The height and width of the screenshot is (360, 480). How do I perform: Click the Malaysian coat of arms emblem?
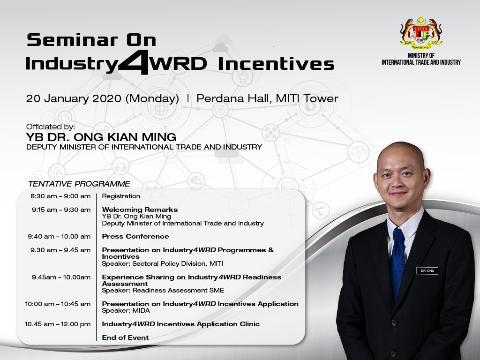click(x=421, y=33)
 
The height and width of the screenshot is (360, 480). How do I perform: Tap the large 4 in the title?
click(x=134, y=62)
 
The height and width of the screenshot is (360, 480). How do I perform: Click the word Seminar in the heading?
click(x=72, y=40)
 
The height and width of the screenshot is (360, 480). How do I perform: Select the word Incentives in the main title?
click(x=276, y=64)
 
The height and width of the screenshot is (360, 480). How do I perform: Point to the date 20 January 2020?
click(x=74, y=98)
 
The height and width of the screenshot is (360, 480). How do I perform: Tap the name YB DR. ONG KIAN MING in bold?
click(x=101, y=137)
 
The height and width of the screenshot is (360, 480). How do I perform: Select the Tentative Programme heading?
click(x=79, y=184)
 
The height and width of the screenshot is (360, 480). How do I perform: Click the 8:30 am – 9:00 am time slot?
click(x=60, y=196)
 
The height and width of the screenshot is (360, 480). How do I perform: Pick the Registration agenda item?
click(x=121, y=196)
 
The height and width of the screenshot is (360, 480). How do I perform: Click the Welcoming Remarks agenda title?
click(x=140, y=210)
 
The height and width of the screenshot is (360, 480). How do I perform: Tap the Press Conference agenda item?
click(x=135, y=236)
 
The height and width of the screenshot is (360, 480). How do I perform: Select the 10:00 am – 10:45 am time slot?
click(x=58, y=304)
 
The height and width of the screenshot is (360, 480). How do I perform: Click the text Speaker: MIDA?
click(x=126, y=311)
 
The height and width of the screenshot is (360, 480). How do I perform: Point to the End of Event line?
click(x=125, y=337)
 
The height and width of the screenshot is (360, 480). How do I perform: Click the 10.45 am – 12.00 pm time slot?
click(x=58, y=324)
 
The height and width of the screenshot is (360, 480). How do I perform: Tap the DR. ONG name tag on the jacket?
click(x=427, y=271)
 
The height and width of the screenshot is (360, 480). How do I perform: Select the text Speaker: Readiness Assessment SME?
click(x=163, y=291)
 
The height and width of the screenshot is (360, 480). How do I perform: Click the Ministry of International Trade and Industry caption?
click(x=421, y=59)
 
